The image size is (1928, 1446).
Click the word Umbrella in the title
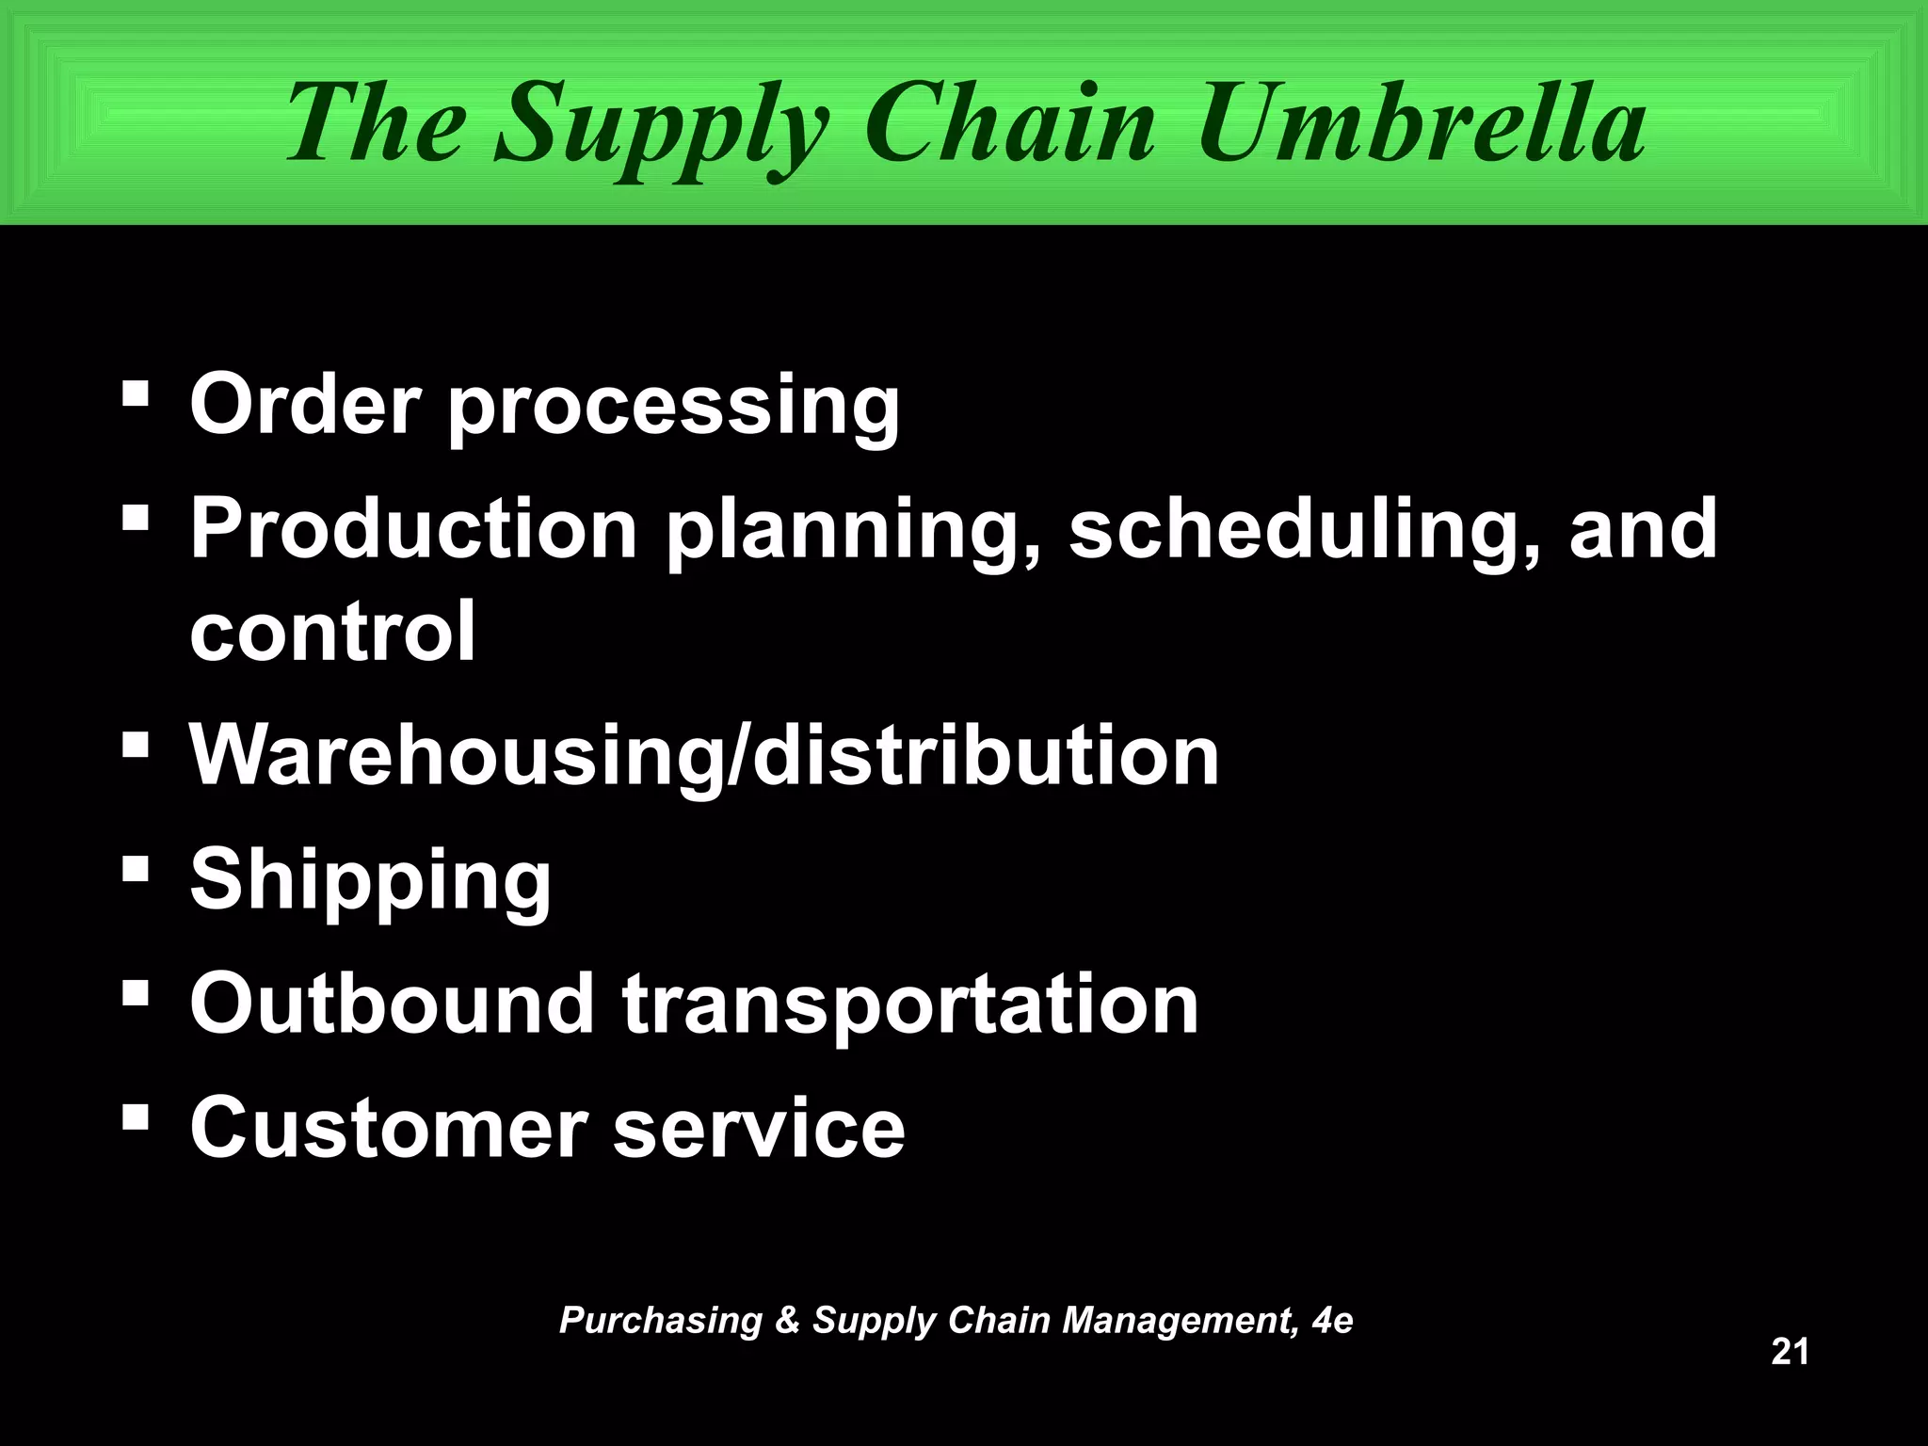[1422, 122]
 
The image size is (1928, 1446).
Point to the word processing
[673, 410]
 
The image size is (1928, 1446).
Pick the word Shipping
[370, 882]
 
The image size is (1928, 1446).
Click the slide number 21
[1790, 1351]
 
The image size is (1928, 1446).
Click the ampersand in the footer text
[787, 1320]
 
